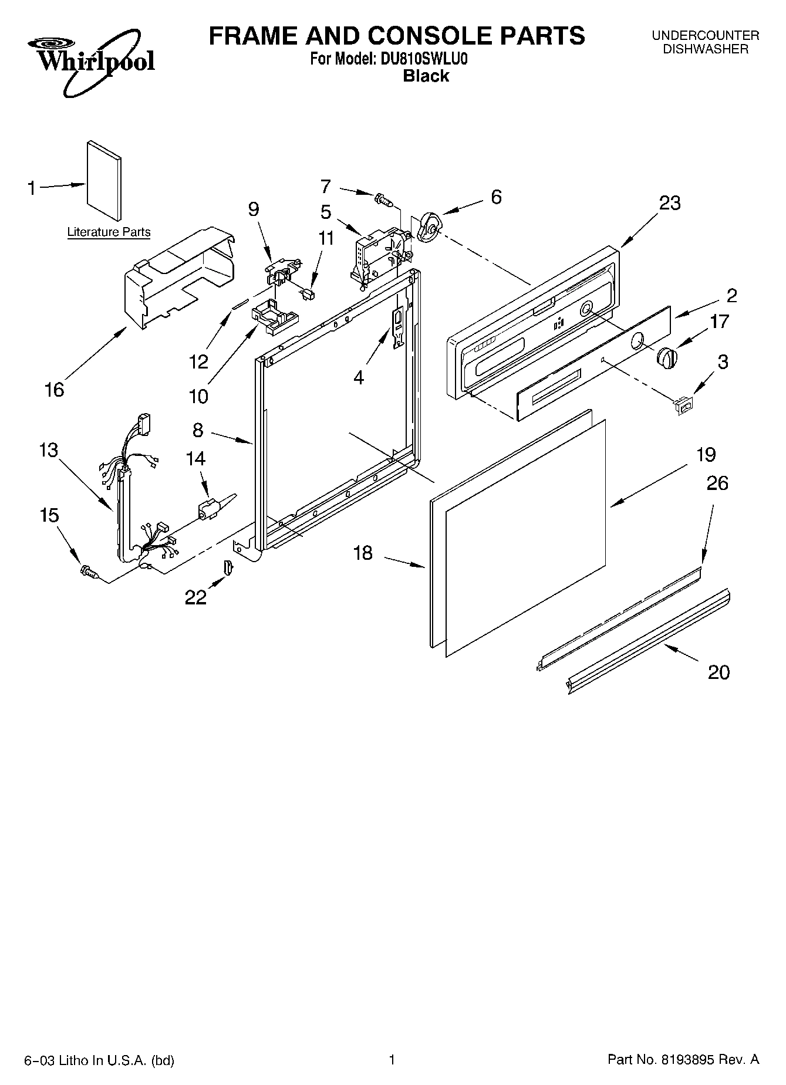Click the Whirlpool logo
(91, 62)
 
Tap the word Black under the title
(426, 76)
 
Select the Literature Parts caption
(109, 232)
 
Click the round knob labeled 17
(666, 357)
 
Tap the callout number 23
(670, 203)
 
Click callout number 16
(55, 390)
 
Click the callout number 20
(718, 671)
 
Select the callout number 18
(363, 553)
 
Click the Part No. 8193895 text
(683, 1060)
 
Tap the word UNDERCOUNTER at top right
(706, 36)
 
